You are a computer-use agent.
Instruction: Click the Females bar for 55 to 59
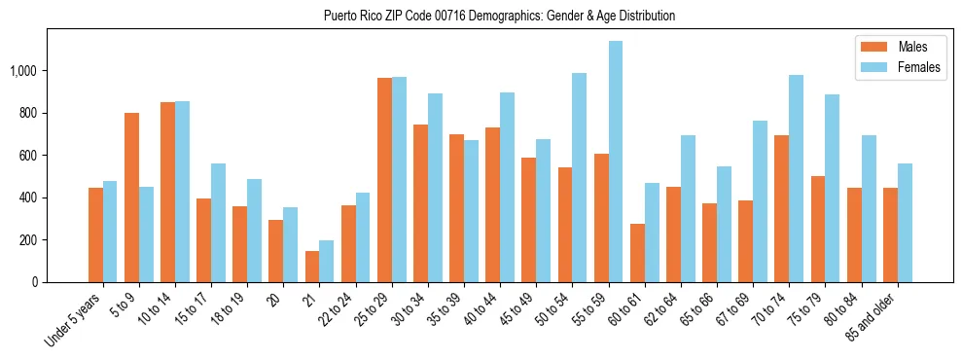[616, 162]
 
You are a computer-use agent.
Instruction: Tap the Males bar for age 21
[312, 267]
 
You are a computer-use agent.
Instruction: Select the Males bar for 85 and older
[890, 234]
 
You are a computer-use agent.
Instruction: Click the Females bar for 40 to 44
[508, 187]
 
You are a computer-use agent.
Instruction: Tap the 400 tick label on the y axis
[31, 198]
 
